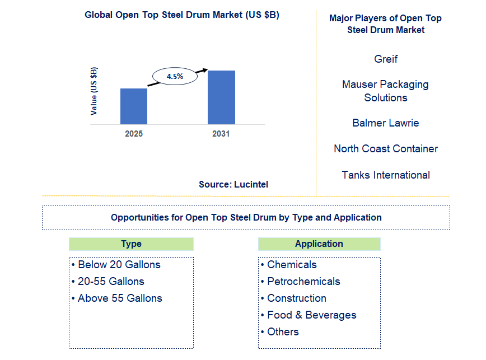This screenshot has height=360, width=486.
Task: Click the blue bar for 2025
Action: tap(134, 106)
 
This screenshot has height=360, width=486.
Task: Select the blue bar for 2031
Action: tap(221, 97)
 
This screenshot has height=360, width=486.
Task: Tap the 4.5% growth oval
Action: tap(175, 76)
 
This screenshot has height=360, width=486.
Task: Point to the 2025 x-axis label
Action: tap(134, 134)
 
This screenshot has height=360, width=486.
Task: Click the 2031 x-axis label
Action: tap(221, 134)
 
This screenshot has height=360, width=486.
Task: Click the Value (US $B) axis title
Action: tap(94, 91)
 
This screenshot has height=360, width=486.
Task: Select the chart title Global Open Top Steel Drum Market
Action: tap(182, 15)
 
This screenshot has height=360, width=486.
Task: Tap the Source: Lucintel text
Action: tap(233, 184)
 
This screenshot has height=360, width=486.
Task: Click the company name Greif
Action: tap(386, 59)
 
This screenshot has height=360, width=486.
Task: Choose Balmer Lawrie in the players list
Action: tap(386, 123)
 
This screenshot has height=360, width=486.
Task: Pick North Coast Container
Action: tap(386, 148)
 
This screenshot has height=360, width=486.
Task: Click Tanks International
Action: tap(386, 175)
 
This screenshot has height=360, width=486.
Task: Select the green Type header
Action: tap(131, 244)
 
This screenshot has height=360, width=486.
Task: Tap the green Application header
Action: tap(319, 244)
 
